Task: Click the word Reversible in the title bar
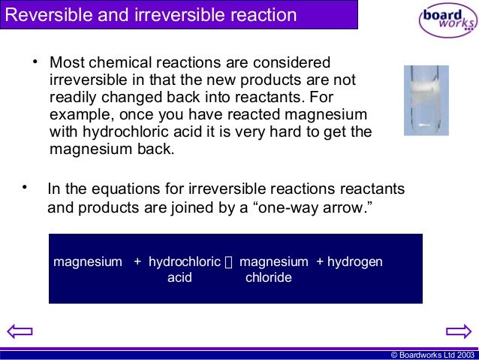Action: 45,15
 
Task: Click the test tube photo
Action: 426,100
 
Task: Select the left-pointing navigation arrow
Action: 19,331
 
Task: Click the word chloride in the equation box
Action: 268,277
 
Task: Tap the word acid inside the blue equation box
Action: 179,277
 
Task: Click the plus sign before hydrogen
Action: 320,262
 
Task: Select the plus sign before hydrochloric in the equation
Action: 137,262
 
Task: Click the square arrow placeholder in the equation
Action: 230,262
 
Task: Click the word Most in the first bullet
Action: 66,62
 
